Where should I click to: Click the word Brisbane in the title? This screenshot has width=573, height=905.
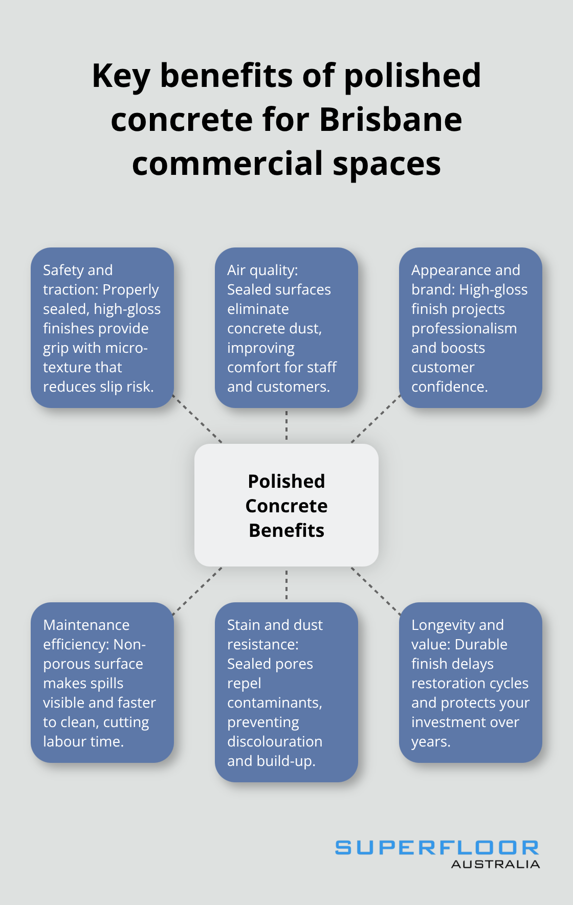[x=391, y=120]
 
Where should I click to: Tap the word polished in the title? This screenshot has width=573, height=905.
[x=412, y=76]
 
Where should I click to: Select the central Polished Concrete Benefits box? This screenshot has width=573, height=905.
[x=286, y=505]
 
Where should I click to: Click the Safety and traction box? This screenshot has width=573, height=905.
[x=102, y=328]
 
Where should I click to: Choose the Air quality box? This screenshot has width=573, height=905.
[x=286, y=328]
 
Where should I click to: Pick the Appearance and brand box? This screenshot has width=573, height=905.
[x=471, y=328]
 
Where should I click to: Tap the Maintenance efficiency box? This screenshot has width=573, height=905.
[x=102, y=683]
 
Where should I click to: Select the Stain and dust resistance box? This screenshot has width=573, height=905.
[x=286, y=692]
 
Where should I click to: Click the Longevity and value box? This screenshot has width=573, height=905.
[x=471, y=683]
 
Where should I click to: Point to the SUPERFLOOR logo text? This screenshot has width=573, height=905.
[x=437, y=848]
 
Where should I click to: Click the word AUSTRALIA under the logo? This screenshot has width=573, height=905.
[x=495, y=864]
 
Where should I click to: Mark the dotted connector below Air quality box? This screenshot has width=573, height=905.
[x=286, y=425]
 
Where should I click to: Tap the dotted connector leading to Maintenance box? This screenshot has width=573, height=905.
[x=197, y=591]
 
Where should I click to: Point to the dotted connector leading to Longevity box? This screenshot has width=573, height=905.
[x=376, y=591]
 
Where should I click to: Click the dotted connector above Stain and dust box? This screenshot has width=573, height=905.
[x=286, y=584]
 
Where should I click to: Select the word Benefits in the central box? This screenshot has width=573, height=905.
[x=286, y=530]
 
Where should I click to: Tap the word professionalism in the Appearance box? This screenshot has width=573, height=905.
[x=464, y=328]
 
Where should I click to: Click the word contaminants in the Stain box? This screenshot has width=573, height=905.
[x=275, y=703]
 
